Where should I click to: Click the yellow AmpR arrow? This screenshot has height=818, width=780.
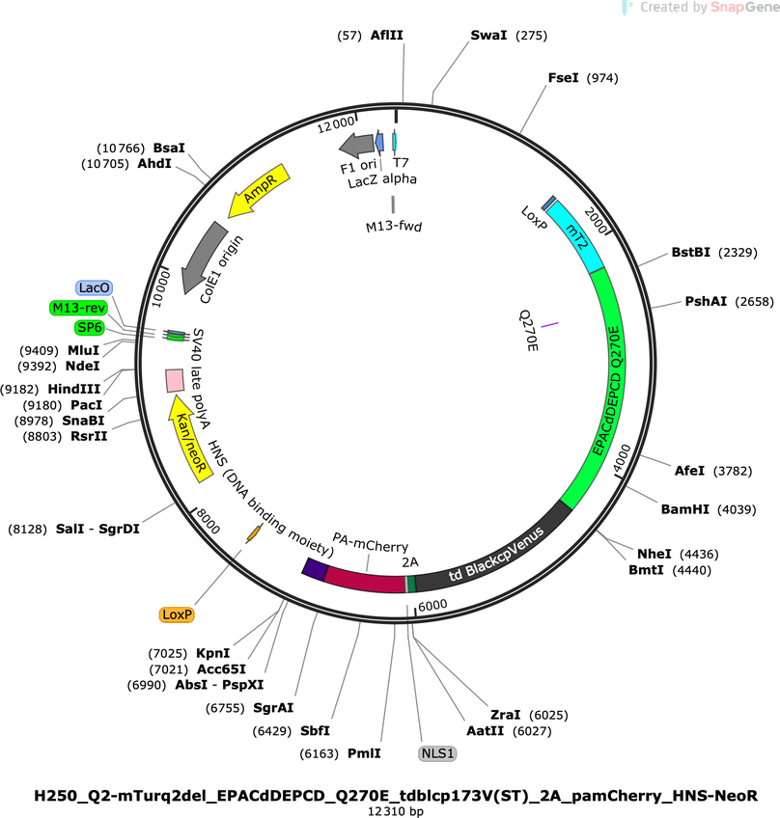[x=259, y=190]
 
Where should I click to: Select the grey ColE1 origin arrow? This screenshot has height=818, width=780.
[x=203, y=258]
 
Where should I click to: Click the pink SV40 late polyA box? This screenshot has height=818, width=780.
[x=175, y=380]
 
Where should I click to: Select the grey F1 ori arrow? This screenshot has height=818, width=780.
[x=357, y=145]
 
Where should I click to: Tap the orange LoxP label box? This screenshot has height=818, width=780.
[x=177, y=614]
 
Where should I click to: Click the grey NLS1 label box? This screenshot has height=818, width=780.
[x=437, y=753]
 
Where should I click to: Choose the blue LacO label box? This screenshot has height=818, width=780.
[x=94, y=288]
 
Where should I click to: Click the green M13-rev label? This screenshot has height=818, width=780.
[x=79, y=308]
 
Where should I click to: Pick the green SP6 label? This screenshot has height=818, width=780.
[x=90, y=328]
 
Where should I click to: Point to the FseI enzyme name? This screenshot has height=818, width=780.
[x=564, y=78]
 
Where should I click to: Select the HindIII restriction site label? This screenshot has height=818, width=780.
[x=74, y=389]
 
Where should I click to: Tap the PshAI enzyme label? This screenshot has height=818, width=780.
[x=706, y=301]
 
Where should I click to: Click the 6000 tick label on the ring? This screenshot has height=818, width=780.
[x=432, y=605]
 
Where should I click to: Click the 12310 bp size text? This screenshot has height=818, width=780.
[x=396, y=811]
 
